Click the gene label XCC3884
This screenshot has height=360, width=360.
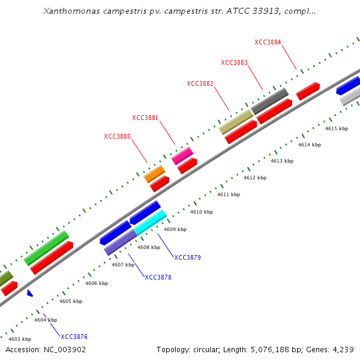[268, 42]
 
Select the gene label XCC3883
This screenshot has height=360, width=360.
[234, 62]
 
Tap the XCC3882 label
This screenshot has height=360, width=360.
[200, 83]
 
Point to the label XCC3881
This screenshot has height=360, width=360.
[145, 118]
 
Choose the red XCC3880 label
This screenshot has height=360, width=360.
[117, 136]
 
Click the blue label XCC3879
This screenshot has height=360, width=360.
[187, 257]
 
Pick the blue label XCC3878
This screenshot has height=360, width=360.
[158, 277]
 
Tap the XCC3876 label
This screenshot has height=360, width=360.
[74, 337]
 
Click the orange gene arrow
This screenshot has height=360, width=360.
[154, 174]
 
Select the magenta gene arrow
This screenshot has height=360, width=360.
[182, 156]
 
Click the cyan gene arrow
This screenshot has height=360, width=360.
[150, 222]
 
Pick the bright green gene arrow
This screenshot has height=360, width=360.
[46, 248]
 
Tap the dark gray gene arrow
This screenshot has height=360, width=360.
[269, 101]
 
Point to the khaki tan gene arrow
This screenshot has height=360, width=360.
[236, 121]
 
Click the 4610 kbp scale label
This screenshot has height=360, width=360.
[201, 212]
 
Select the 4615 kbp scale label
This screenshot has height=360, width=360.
[336, 128]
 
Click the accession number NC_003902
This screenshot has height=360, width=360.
[64, 349]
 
